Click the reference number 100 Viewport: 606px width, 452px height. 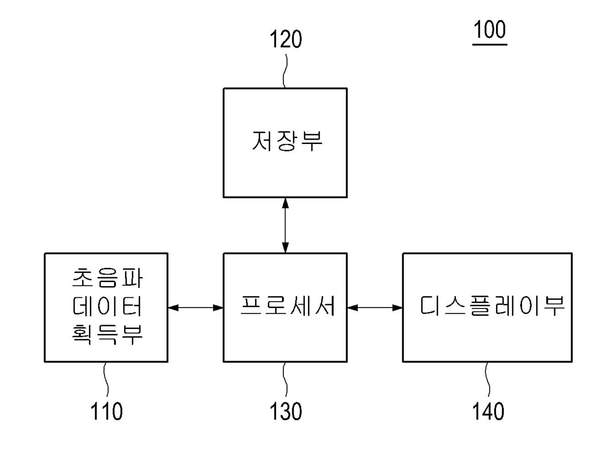pyautogui.click(x=489, y=30)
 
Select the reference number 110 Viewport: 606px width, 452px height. pyautogui.click(x=106, y=411)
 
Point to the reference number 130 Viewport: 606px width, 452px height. pyautogui.click(x=286, y=411)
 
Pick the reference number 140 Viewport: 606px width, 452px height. pyautogui.click(x=488, y=411)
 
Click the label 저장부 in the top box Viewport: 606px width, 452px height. pyautogui.click(x=287, y=141)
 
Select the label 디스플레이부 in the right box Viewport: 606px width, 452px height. pyautogui.click(x=492, y=308)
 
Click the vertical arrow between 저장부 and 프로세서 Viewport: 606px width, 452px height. pyautogui.click(x=285, y=225)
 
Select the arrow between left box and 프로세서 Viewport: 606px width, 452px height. pyautogui.click(x=195, y=308)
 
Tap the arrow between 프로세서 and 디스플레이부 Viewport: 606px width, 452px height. pyautogui.click(x=375, y=308)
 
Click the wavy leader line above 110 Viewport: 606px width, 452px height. pyautogui.click(x=106, y=380)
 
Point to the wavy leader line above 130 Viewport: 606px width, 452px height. pyautogui.click(x=286, y=380)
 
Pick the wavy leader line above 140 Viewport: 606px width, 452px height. pyautogui.click(x=488, y=380)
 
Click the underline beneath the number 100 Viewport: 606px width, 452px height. pyautogui.click(x=489, y=44)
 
